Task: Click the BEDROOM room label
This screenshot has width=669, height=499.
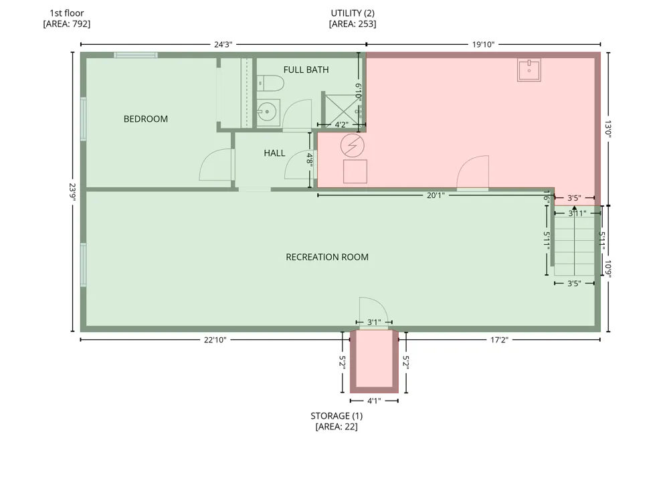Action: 145,119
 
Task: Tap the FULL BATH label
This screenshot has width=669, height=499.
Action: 306,70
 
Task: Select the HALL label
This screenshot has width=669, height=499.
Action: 274,153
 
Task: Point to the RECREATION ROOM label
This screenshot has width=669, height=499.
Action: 327,257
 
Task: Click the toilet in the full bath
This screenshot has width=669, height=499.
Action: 270,83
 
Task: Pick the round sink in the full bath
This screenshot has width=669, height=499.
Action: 268,112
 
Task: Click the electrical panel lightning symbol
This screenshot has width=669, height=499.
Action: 353,145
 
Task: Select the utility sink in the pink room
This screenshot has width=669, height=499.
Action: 529,70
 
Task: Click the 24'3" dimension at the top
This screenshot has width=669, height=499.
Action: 223,44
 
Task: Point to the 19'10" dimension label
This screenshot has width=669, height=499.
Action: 483,44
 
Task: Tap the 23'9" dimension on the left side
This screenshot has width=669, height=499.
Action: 72,192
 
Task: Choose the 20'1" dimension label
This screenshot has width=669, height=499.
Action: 436,195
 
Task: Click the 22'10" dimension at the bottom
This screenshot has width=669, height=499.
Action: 215,340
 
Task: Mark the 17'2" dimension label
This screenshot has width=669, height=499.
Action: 499,340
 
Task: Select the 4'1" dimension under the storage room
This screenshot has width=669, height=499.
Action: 374,401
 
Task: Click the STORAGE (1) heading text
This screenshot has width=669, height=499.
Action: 337,416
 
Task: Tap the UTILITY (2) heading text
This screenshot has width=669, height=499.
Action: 353,13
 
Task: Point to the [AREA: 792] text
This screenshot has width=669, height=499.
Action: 67,24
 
